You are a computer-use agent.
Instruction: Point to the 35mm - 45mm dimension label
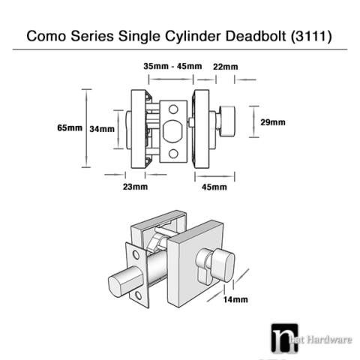tap(172, 66)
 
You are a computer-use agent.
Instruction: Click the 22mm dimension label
tap(225, 67)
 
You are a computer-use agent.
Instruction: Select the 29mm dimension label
tap(272, 121)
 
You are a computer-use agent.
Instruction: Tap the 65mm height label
tap(69, 127)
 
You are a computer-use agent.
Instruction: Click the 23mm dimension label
tap(135, 186)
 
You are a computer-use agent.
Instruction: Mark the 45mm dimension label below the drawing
tap(214, 186)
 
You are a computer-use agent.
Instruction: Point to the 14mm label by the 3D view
tap(236, 299)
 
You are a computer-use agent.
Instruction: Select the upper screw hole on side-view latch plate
tap(172, 107)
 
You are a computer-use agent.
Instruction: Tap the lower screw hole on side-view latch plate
tap(172, 154)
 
